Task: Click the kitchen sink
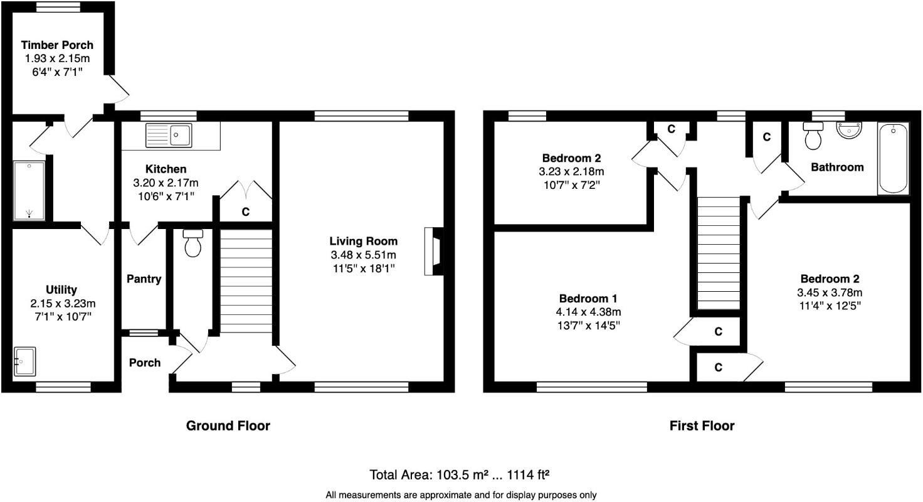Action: point(169,135)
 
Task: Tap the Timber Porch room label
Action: point(57,45)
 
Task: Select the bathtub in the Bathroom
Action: point(892,158)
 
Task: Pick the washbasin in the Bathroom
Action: point(850,132)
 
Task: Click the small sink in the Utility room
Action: point(24,361)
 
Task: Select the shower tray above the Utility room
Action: point(29,191)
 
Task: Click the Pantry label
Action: point(144,279)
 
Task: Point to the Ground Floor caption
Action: point(228,426)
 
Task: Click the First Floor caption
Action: point(702,426)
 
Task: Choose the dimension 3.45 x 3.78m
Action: point(829,292)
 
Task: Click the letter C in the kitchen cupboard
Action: point(245,213)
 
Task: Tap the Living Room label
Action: point(364,241)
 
